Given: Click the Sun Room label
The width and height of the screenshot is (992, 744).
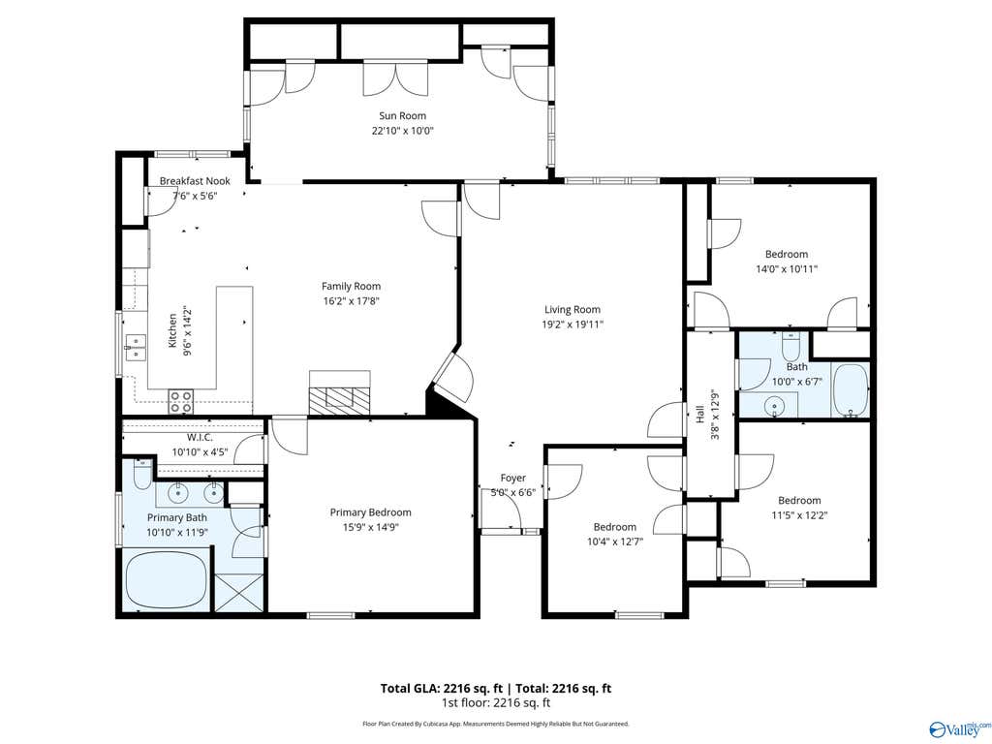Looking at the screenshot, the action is click(x=402, y=116).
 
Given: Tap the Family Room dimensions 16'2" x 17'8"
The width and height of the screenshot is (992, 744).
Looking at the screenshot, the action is click(x=351, y=301).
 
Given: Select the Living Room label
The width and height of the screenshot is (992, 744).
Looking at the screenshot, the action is click(x=573, y=309).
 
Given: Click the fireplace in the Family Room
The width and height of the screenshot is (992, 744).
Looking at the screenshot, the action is click(x=339, y=393).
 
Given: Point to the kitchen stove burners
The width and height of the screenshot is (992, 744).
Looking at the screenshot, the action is click(x=181, y=402).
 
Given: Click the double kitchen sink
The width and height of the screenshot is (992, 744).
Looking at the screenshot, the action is click(x=136, y=348).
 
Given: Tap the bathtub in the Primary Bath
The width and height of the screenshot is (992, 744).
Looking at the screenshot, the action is click(x=166, y=580).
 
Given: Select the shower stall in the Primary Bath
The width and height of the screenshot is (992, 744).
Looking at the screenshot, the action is click(x=239, y=593).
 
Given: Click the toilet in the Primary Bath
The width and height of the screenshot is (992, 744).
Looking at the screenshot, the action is click(x=142, y=474).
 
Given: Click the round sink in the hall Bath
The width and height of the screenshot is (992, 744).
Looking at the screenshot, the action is click(x=773, y=407).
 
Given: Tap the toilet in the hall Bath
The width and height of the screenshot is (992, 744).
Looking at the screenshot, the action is click(x=790, y=345).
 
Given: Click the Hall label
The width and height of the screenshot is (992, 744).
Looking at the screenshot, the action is click(x=699, y=415).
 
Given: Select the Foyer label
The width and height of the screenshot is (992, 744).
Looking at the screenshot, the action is click(x=513, y=479).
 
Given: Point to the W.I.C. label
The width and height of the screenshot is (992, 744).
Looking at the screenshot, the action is click(x=200, y=438).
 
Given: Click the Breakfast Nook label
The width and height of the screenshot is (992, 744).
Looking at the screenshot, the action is click(x=195, y=181).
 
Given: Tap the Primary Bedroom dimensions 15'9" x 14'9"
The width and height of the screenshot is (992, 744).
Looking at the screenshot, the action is click(x=371, y=528).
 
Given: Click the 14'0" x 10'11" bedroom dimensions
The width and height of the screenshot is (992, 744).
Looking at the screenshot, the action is click(x=787, y=269).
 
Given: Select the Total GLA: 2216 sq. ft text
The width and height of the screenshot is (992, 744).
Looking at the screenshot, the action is click(x=442, y=689).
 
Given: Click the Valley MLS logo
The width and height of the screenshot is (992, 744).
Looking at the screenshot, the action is click(x=958, y=729).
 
